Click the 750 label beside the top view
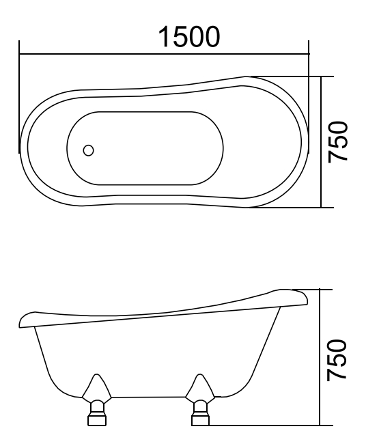point(340,142)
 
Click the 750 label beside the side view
point(339,359)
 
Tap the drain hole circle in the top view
point(89,150)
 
